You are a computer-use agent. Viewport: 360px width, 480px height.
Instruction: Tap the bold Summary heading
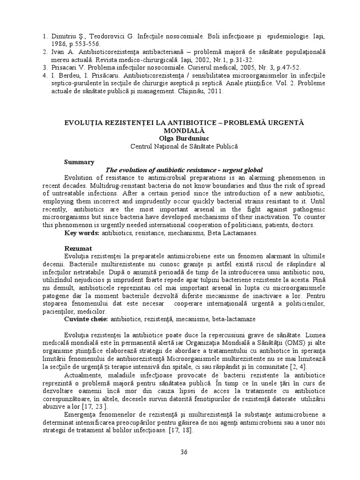tap(79, 162)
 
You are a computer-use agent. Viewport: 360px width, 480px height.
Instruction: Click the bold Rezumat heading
tap(77, 247)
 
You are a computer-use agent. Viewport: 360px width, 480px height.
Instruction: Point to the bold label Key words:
tap(81, 233)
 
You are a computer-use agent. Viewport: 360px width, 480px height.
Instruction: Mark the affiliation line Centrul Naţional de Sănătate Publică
tap(184, 147)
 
